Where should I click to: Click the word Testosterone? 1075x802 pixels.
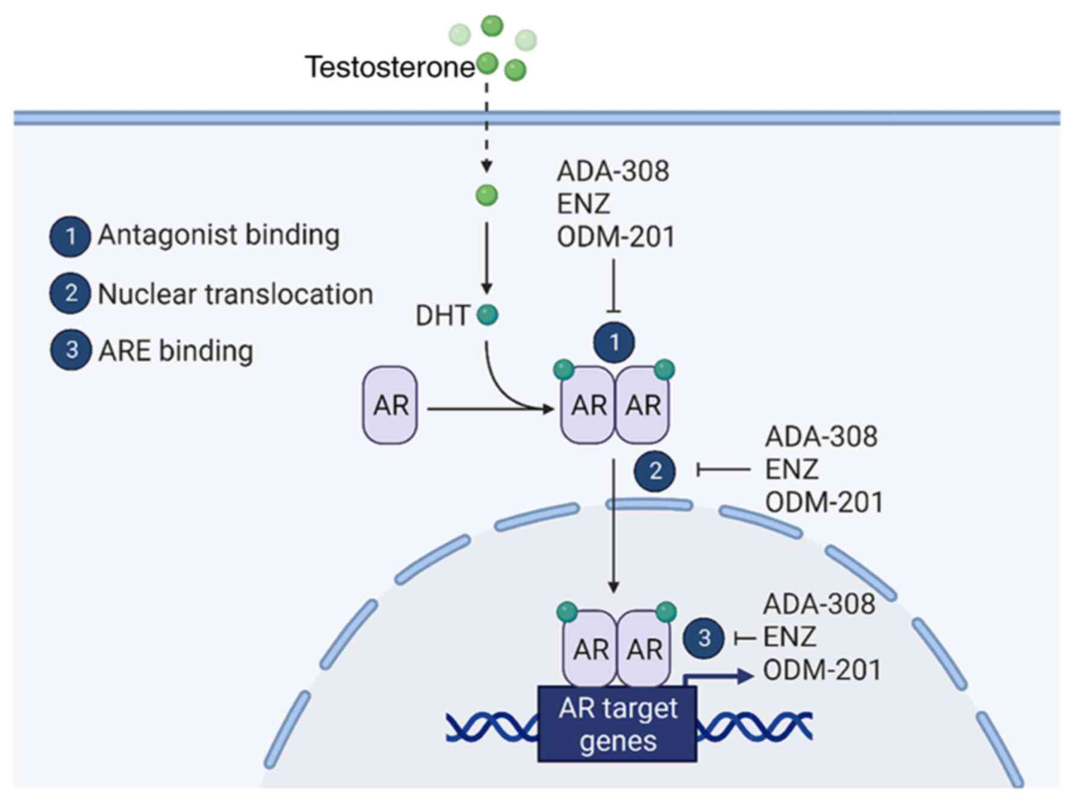pos(390,67)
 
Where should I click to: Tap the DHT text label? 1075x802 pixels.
pos(443,316)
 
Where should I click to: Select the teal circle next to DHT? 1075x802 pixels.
pos(487,315)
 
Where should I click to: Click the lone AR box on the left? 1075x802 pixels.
pos(390,405)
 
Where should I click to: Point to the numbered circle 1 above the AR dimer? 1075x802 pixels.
pos(614,343)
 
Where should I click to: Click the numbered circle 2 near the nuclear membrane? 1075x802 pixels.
pos(655,471)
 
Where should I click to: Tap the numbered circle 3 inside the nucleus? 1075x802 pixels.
pos(704,638)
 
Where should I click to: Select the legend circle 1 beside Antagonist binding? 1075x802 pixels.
pos(70,236)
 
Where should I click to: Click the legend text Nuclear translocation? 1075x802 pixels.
pos(235,294)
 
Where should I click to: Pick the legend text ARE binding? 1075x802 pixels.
pos(175,351)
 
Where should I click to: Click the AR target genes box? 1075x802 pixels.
pos(617,724)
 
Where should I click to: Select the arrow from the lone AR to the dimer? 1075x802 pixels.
pos(490,409)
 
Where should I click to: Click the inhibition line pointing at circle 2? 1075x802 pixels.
pos(723,470)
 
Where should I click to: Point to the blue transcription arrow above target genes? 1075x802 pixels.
pos(719,676)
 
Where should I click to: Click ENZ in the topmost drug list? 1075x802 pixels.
pos(583,204)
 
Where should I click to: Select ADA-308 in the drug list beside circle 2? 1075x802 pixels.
pos(821,436)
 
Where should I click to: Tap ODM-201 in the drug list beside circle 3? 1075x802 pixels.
pos(822,670)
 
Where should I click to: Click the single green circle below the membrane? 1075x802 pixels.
pos(486,195)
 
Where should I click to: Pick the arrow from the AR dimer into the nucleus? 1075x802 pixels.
pos(613,526)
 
